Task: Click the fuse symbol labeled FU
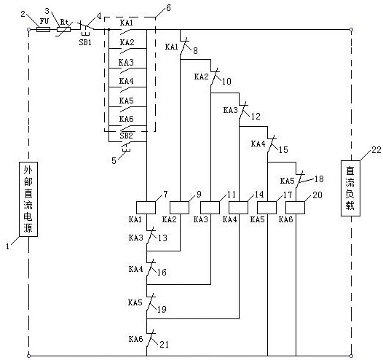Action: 43,30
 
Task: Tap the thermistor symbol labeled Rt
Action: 64,30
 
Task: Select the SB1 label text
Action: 85,42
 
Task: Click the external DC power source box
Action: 28,199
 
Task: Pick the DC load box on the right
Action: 350,188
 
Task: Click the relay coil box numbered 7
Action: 146,208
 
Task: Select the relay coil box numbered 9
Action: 179,208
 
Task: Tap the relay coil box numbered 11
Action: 210,208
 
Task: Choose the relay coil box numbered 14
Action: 238,208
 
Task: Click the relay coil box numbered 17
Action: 267,208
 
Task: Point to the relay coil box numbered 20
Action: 296,208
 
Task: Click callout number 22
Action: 376,149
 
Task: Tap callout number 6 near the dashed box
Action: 168,8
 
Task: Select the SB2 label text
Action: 126,136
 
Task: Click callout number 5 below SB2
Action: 114,160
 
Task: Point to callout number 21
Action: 164,345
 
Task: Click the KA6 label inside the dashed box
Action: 126,119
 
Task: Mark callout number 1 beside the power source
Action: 7,246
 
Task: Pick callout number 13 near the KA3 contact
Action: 162,238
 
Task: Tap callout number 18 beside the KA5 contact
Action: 319,179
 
